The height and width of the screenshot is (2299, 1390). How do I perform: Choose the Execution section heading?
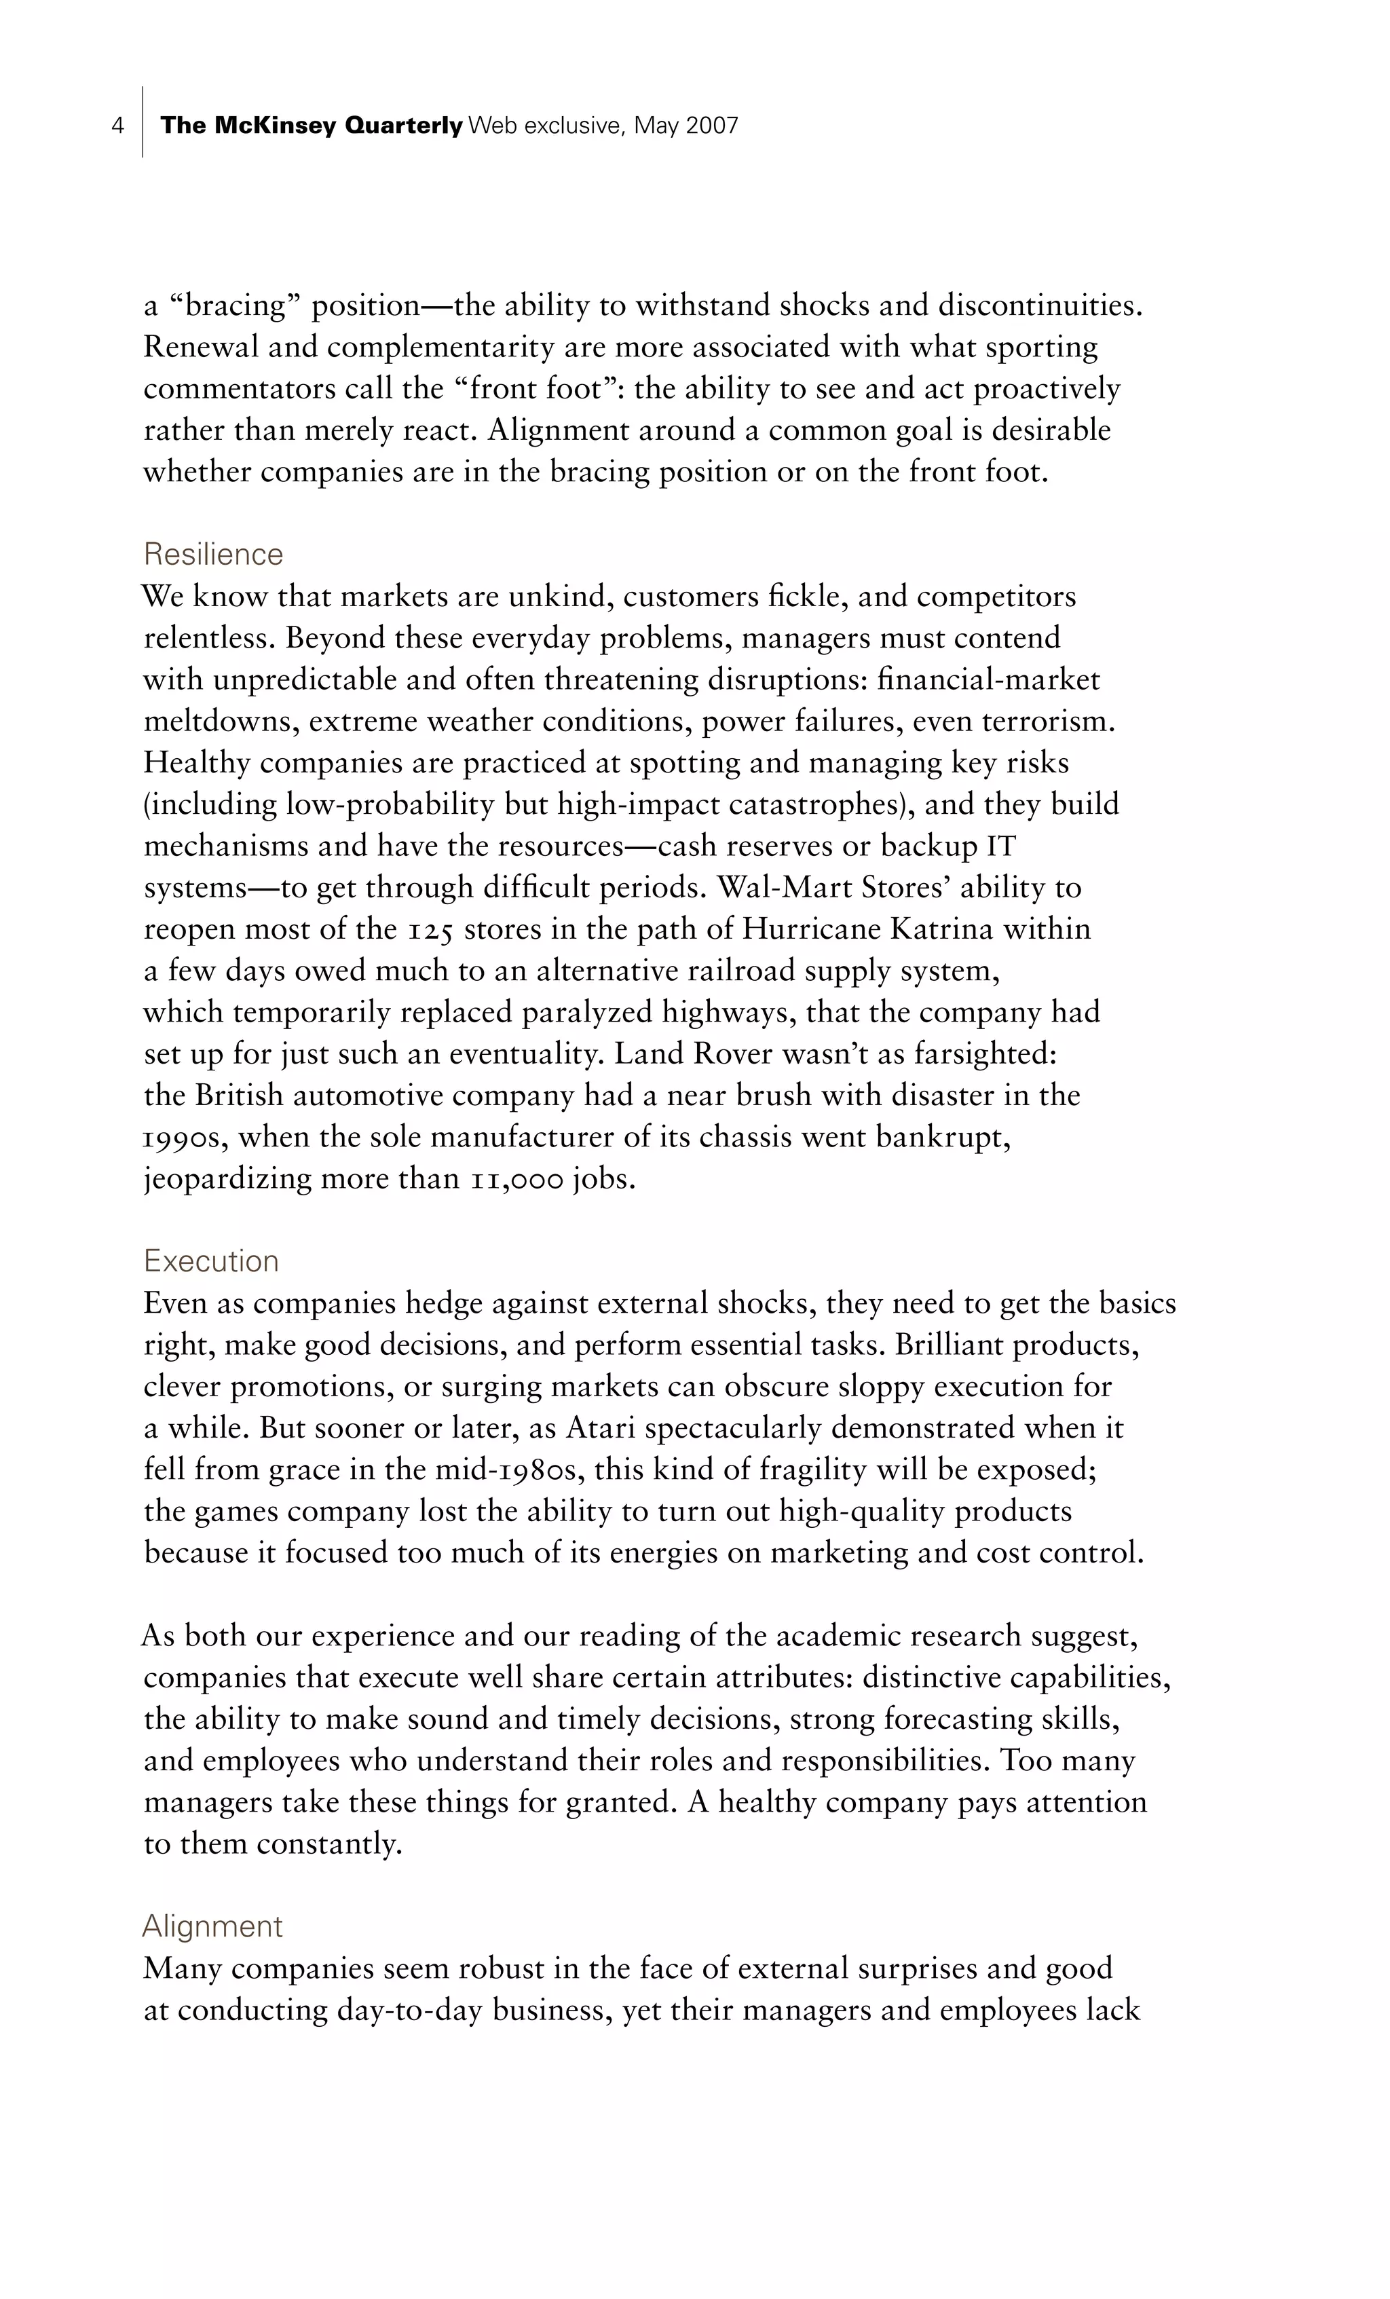pyautogui.click(x=211, y=1261)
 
